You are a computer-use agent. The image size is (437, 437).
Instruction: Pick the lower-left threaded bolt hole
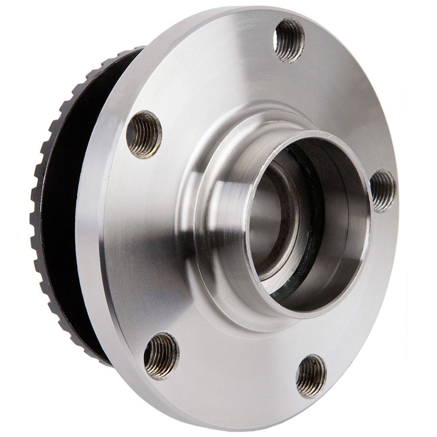(x=161, y=355)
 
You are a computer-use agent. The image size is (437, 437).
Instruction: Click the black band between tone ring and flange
(x=66, y=218)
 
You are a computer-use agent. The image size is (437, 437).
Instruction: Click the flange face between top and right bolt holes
(x=345, y=109)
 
